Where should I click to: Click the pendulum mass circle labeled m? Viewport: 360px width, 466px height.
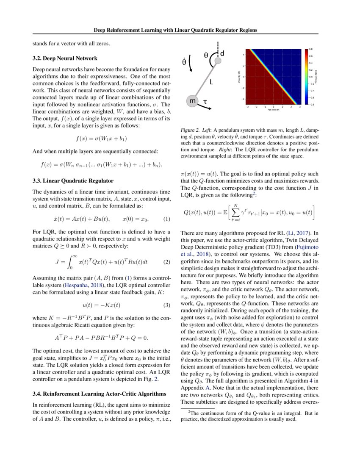tap(192, 101)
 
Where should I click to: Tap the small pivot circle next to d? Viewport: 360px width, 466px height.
tap(218, 62)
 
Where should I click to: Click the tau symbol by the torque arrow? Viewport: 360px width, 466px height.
tap(205, 102)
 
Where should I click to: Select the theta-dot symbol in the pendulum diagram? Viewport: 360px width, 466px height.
tap(184, 62)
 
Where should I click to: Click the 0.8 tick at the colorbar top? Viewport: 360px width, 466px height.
tap(310, 49)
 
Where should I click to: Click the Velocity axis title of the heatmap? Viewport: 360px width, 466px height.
tap(240, 78)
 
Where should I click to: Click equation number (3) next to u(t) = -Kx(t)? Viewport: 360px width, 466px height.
tap(166, 305)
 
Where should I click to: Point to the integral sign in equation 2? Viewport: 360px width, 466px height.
tap(69, 261)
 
